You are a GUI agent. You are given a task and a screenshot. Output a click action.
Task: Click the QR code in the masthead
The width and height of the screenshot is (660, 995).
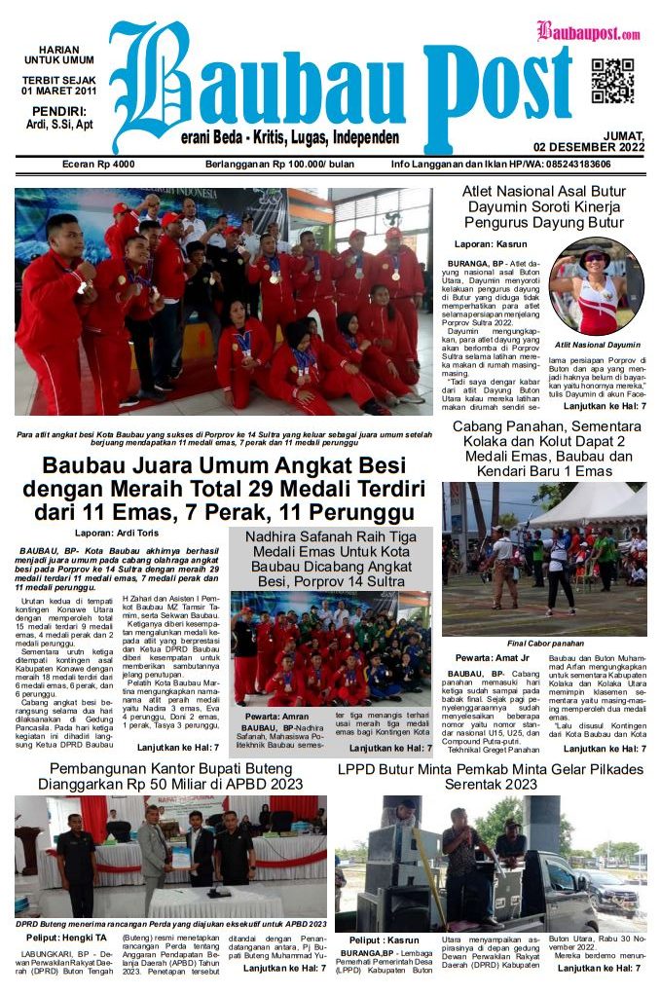pos(612,81)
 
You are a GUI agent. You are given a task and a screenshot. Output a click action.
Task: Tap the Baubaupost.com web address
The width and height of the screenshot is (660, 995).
pos(588,31)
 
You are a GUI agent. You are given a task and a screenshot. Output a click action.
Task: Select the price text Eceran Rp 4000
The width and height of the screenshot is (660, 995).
pos(98,165)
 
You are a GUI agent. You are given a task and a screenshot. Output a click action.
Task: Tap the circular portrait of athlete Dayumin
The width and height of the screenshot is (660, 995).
pos(597,286)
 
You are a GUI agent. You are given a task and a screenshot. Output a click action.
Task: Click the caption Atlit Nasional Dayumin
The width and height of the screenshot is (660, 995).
pos(597,345)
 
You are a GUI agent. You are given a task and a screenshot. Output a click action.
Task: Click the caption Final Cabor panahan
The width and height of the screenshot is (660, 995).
pos(545,644)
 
